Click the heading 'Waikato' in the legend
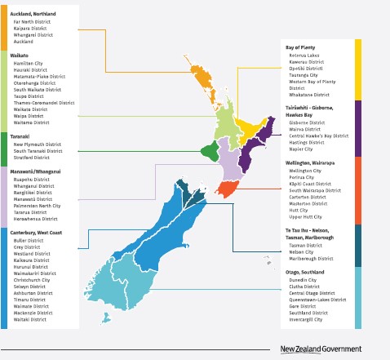(19, 54)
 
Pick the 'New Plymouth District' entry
(38, 144)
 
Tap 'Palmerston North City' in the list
(38, 206)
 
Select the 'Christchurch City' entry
(33, 279)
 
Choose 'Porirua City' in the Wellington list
(303, 177)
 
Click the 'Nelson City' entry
(302, 251)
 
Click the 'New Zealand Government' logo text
(320, 349)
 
